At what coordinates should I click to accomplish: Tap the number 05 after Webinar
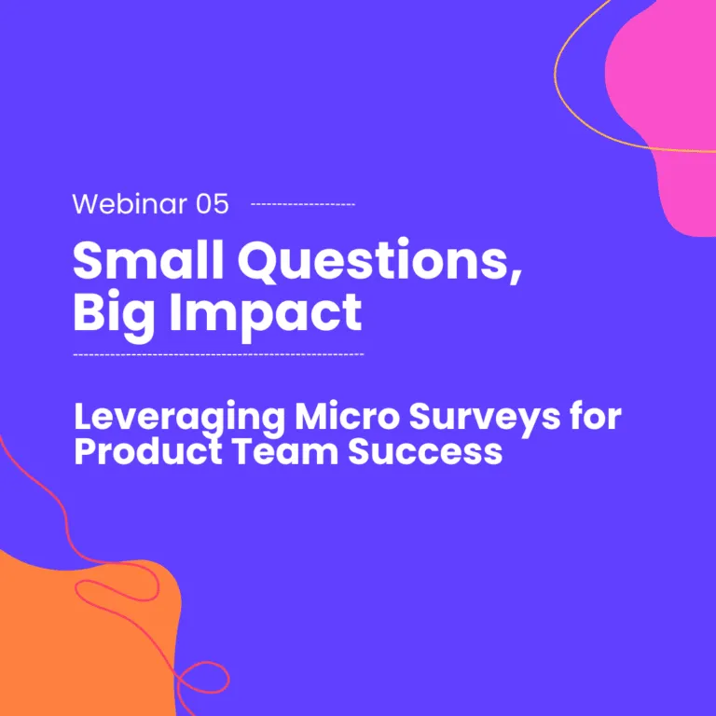[x=212, y=204]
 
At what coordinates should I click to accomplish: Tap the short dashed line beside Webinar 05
[x=303, y=204]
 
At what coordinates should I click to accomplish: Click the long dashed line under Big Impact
[x=218, y=354]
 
